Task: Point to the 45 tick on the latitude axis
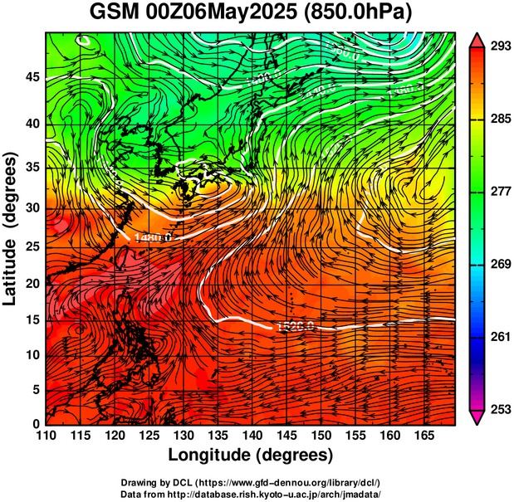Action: pos(32,76)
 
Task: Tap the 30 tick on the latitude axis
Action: pos(32,207)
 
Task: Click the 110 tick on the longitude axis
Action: pos(46,436)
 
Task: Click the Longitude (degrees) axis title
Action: pos(251,455)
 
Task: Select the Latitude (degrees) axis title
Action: pos(12,228)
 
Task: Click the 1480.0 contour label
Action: pos(150,238)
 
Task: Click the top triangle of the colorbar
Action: pos(477,39)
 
